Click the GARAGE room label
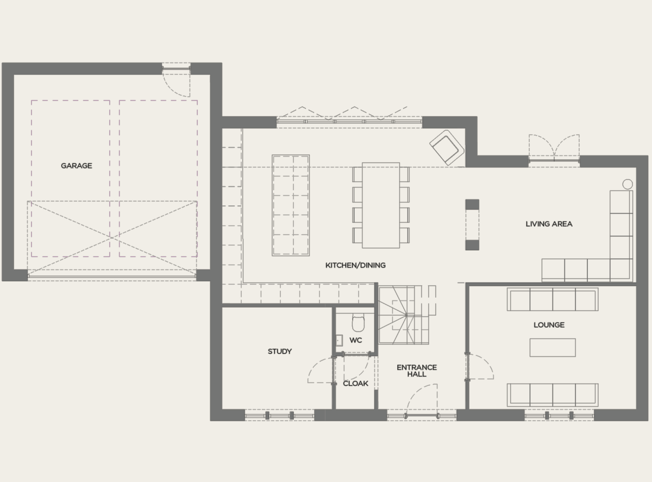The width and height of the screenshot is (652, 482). (x=76, y=166)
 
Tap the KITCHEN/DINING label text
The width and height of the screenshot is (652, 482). (x=355, y=265)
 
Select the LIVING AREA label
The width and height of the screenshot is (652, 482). (x=549, y=223)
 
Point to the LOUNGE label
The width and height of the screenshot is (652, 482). (x=549, y=324)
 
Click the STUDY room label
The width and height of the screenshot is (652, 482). (x=279, y=352)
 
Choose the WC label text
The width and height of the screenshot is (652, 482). (x=356, y=340)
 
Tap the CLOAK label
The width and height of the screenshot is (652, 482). (x=355, y=383)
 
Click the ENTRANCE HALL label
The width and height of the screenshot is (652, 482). (x=417, y=371)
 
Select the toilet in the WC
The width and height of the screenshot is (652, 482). (x=358, y=323)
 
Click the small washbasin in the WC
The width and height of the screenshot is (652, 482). (x=339, y=340)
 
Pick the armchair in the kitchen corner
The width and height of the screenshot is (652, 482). (x=446, y=146)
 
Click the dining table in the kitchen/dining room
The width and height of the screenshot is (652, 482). (x=380, y=205)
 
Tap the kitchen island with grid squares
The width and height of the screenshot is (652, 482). (x=291, y=205)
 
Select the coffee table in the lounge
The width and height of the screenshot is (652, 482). (x=552, y=347)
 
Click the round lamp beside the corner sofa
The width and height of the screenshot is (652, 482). (x=627, y=184)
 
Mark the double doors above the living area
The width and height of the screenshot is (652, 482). (x=554, y=148)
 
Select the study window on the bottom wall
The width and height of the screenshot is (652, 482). (x=279, y=416)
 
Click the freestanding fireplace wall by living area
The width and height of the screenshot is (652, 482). (x=472, y=224)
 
